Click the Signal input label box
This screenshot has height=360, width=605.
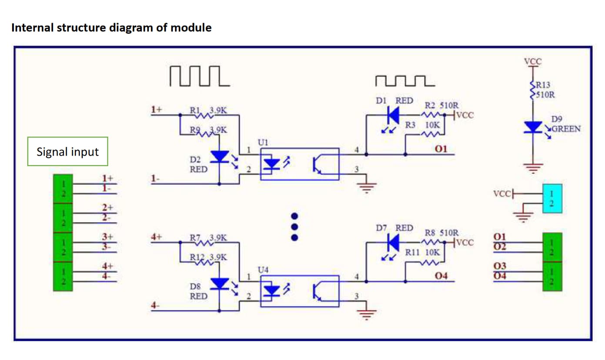pyautogui.click(x=67, y=152)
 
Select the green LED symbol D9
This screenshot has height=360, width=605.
pyautogui.click(x=533, y=127)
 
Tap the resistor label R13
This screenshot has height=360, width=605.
pyautogui.click(x=543, y=85)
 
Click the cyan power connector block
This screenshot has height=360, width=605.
pyautogui.click(x=552, y=198)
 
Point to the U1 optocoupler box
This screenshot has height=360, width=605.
pyautogui.click(x=299, y=164)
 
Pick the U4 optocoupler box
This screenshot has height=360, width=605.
pyautogui.click(x=299, y=291)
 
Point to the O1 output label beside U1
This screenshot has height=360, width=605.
pyautogui.click(x=441, y=149)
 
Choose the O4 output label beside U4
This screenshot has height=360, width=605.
pyautogui.click(x=441, y=276)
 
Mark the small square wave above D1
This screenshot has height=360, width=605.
pyautogui.click(x=404, y=80)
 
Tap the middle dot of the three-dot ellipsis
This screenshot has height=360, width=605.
pyautogui.click(x=294, y=227)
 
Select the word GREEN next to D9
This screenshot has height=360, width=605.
pyautogui.click(x=566, y=129)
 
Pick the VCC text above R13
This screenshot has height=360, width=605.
pyautogui.click(x=533, y=61)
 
